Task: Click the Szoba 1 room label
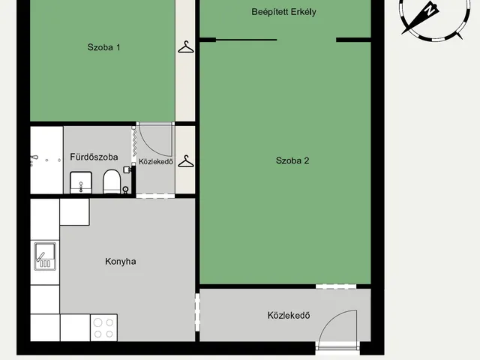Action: (x=103, y=47)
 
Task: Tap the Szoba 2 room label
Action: (x=292, y=160)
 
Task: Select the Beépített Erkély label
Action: (x=283, y=12)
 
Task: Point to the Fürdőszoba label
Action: (x=94, y=157)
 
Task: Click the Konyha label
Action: (x=121, y=262)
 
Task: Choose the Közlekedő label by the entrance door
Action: (x=289, y=315)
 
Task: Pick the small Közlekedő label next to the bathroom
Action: (x=156, y=162)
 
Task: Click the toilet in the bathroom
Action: (x=112, y=181)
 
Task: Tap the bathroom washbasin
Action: (x=81, y=182)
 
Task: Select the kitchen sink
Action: (x=45, y=256)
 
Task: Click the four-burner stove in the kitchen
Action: (x=103, y=328)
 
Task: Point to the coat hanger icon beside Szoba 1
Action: (x=186, y=46)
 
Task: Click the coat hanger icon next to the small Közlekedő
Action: (x=186, y=161)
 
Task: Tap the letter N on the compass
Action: (x=430, y=10)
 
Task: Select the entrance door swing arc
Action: (x=331, y=318)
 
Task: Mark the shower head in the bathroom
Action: (x=34, y=158)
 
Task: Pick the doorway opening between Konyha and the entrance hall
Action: (x=197, y=312)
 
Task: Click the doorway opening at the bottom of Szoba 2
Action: (x=336, y=286)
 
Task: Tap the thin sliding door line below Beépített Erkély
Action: (x=247, y=40)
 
